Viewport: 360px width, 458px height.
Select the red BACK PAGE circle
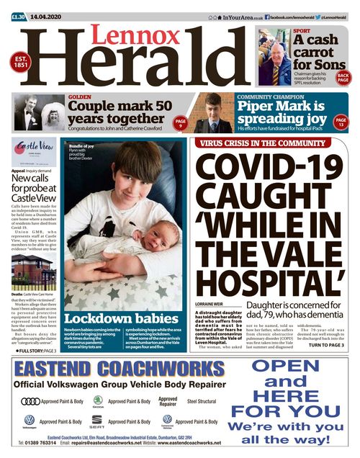click(x=343, y=77)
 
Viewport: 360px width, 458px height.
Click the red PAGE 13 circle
click(x=341, y=122)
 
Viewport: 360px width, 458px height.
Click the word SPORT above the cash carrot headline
click(x=302, y=31)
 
